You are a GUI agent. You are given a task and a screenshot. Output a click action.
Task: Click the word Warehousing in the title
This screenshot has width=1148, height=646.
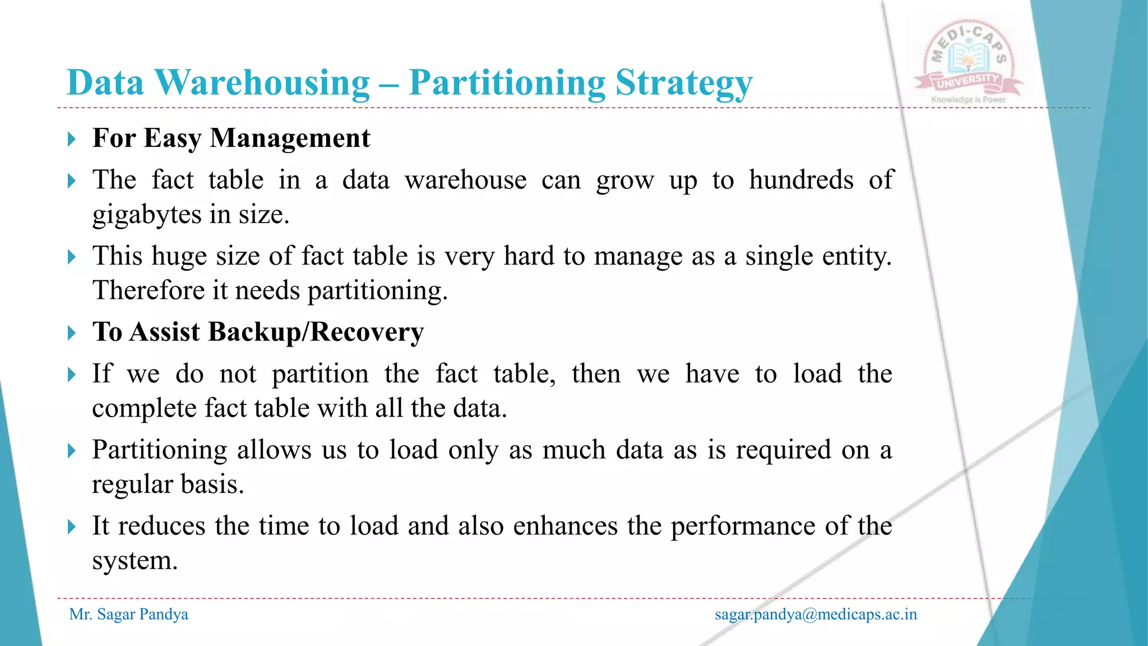262,83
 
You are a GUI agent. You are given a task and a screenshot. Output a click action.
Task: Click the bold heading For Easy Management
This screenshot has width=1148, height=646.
231,138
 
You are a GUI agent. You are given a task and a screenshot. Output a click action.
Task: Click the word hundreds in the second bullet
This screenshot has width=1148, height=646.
801,181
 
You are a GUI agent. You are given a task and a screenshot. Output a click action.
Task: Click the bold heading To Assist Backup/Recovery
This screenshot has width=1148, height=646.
258,332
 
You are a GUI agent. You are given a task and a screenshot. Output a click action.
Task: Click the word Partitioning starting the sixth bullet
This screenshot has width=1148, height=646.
159,450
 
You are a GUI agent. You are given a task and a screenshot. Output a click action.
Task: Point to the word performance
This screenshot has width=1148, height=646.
743,527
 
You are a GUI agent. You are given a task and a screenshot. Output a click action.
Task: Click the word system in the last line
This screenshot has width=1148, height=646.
134,560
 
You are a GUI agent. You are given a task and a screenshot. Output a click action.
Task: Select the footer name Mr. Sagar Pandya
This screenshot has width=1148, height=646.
128,615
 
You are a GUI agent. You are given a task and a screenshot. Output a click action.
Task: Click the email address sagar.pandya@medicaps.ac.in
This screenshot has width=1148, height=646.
816,615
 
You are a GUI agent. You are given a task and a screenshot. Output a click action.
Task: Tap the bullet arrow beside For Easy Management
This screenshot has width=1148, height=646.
71,139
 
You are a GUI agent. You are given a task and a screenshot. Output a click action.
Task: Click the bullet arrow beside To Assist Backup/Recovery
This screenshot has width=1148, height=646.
71,333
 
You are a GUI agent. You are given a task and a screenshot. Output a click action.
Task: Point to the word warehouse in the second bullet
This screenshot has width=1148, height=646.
465,181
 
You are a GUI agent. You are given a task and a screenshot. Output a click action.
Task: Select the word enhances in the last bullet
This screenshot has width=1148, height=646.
565,526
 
